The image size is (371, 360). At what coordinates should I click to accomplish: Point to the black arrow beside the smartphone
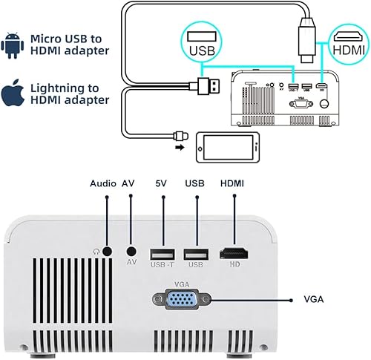coord(179,147)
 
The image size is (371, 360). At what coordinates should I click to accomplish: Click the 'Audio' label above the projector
coord(104,183)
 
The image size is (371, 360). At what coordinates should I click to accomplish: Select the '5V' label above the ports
coord(162,183)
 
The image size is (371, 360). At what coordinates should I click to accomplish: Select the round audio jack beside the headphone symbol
coord(108,252)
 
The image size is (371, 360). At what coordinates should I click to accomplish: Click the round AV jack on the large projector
coord(131,252)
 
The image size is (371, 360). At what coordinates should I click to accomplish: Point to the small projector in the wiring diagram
coord(286,96)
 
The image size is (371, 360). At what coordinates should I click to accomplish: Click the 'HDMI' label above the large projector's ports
coord(232,183)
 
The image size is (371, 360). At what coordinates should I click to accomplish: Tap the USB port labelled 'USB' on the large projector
coord(196,252)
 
